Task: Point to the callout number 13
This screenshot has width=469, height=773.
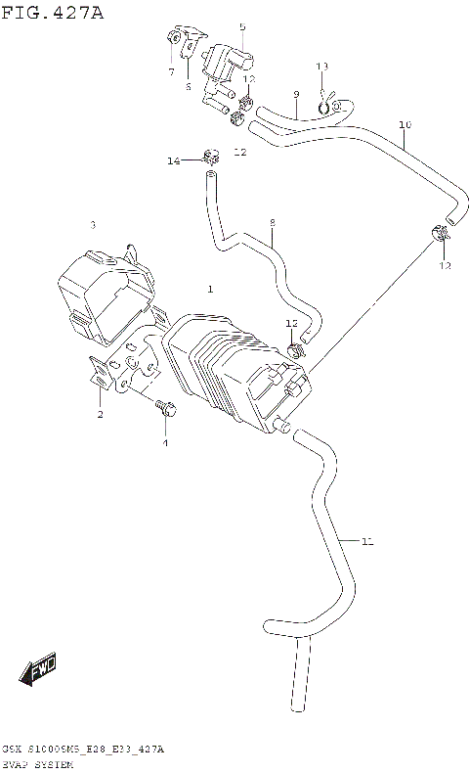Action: point(322,66)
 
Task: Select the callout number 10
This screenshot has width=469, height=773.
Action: point(405,124)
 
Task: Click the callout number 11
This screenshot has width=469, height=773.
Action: point(366,541)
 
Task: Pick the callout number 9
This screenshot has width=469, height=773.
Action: point(294,95)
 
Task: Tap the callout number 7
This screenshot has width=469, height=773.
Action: point(170,71)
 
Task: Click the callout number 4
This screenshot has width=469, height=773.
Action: point(164,443)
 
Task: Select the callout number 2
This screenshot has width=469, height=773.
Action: point(100,415)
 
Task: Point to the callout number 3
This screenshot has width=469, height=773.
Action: point(93,225)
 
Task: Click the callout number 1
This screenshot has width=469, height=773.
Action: point(209,289)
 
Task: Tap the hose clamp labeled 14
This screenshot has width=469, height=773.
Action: point(207,155)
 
